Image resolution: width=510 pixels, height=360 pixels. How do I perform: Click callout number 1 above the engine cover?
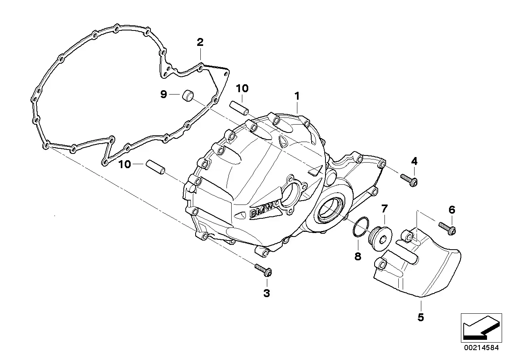coord(297,96)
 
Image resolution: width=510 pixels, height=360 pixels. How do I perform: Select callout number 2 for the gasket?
coord(200,42)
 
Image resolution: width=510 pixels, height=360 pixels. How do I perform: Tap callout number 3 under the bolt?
coord(266,293)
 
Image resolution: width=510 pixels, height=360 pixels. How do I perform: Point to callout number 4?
coord(414,161)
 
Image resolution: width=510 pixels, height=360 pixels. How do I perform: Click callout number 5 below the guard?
coord(421,317)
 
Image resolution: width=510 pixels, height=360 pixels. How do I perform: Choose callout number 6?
coord(452,209)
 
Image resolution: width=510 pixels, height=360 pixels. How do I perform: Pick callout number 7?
coord(384,208)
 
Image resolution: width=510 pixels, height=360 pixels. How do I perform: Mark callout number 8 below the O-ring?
coord(358,256)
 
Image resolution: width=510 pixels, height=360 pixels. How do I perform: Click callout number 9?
coord(164,94)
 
